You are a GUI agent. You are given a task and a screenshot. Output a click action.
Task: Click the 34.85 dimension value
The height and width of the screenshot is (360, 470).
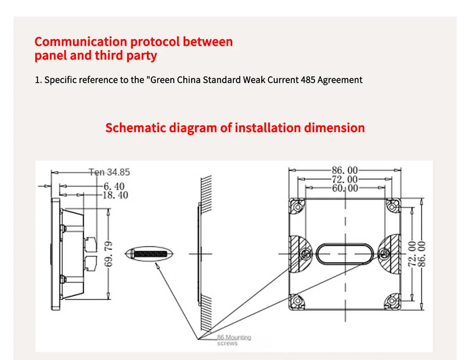pos(118,172)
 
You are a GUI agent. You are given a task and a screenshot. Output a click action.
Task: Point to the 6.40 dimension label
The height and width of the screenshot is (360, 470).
pos(114,186)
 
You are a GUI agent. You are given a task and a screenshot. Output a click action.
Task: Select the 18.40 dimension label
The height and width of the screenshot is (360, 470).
pos(115,195)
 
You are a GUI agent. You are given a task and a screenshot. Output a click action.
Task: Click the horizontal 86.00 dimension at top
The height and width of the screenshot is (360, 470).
pos(345,170)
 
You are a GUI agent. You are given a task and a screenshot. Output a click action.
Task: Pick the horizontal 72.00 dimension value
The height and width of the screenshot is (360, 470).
pos(345,179)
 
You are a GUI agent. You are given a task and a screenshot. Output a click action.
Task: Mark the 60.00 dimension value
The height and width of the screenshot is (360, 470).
pos(345,188)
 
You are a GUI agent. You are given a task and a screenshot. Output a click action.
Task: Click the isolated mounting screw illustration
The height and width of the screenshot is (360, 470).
pos(151,253)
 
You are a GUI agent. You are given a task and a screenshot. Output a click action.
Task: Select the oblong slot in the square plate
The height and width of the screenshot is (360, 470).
pos(345,254)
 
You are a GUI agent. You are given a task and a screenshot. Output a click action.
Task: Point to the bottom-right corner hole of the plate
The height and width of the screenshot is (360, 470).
pos(392,301)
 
